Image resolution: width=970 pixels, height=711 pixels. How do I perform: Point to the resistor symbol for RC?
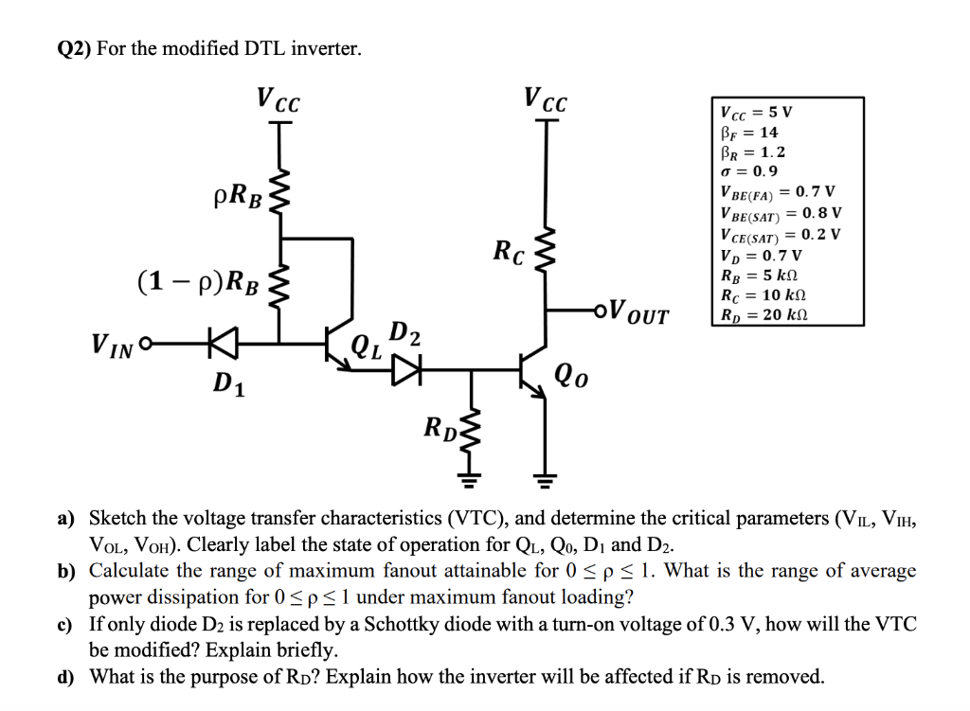(x=545, y=252)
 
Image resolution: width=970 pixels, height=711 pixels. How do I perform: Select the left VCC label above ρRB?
(x=278, y=99)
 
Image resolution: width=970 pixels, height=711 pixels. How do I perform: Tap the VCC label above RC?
(x=545, y=98)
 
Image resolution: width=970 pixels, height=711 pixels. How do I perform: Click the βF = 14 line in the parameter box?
(x=749, y=132)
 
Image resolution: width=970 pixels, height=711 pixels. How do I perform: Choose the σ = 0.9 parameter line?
(x=749, y=171)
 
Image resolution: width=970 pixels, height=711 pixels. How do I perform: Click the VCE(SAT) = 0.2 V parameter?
(x=780, y=234)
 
